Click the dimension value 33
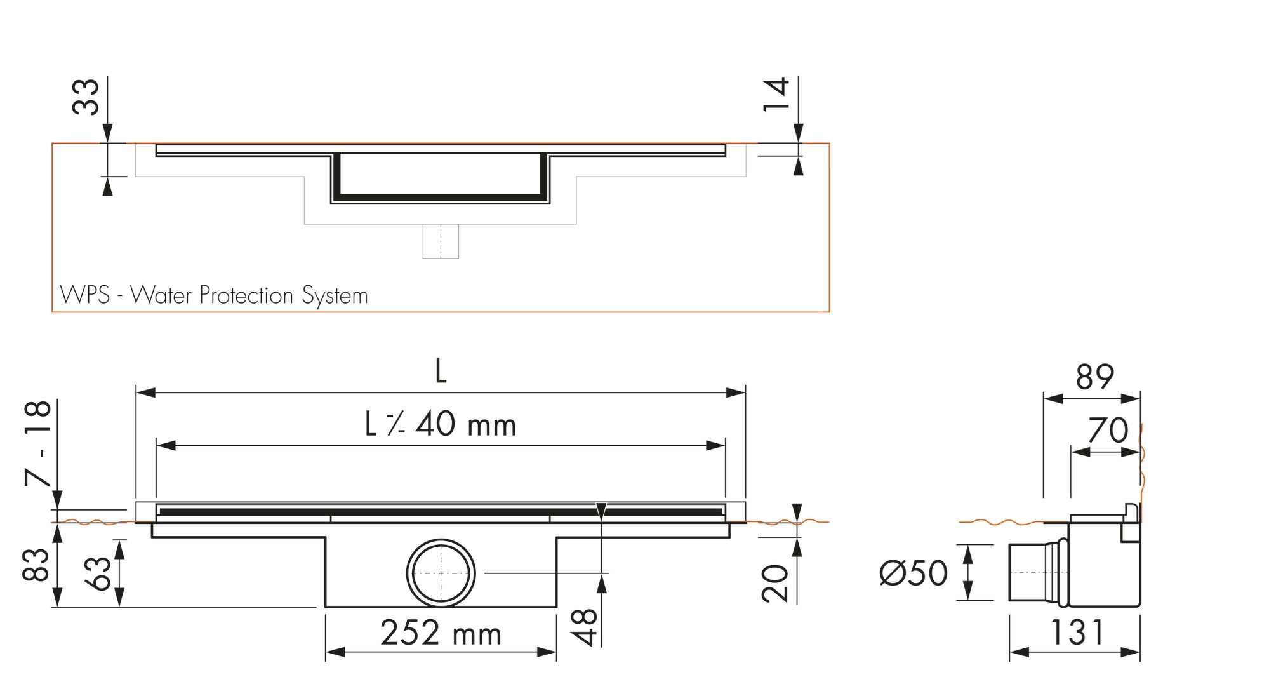86,97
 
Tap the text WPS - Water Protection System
214,295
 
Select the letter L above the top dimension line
441,372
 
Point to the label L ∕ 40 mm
441,425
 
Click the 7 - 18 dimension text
38,443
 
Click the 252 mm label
441,633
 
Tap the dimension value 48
585,627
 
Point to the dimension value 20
775,582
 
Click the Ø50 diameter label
913,573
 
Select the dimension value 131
1077,633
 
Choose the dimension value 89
1094,377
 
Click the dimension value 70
1108,431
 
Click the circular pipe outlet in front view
441,573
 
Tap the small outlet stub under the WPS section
440,241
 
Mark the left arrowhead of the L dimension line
145,392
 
